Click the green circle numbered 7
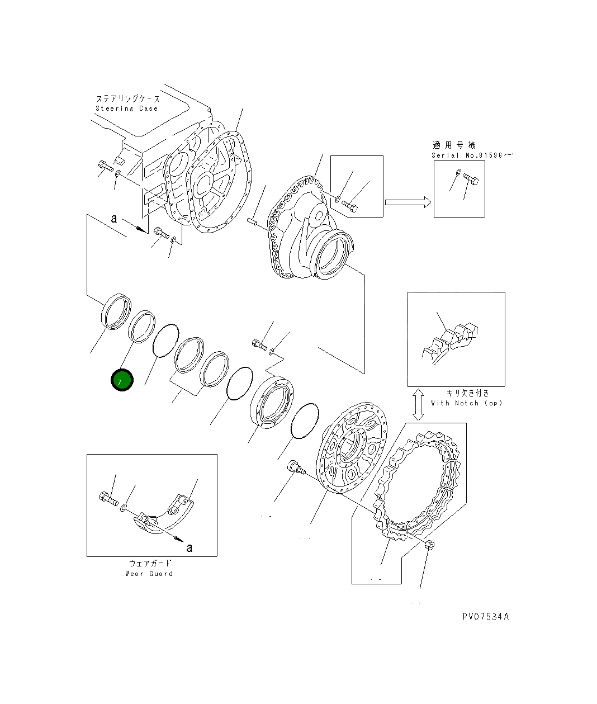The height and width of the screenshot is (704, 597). click(122, 380)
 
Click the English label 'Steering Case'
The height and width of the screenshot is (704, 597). click(127, 108)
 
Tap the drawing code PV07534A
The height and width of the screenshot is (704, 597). click(486, 616)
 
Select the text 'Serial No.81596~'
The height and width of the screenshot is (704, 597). click(472, 155)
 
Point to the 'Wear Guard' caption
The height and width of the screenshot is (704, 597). click(149, 574)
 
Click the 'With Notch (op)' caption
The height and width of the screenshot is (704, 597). click(467, 403)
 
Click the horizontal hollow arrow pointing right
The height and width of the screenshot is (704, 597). click(408, 202)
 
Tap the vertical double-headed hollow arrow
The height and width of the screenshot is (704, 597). click(418, 405)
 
